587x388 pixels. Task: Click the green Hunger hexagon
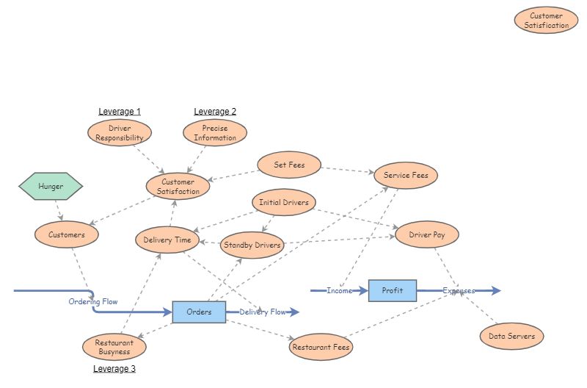click(x=51, y=187)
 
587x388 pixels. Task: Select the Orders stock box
click(x=199, y=312)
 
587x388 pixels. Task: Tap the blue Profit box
click(x=393, y=290)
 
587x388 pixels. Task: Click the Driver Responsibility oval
click(x=120, y=133)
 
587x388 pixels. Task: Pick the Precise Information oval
click(x=215, y=133)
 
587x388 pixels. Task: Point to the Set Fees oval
click(x=289, y=165)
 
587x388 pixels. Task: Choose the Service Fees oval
click(x=406, y=176)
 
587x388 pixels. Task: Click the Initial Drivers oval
click(x=283, y=202)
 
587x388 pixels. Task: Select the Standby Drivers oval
click(x=252, y=245)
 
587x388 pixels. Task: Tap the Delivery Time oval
click(x=167, y=240)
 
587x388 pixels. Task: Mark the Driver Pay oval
click(x=427, y=234)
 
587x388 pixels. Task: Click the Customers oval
click(x=67, y=235)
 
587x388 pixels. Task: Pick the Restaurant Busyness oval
click(x=114, y=347)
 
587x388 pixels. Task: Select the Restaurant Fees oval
click(x=321, y=346)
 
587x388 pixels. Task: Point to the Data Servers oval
click(x=511, y=337)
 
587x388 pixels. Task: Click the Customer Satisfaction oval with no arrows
click(x=546, y=21)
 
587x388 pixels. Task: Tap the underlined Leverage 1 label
click(x=120, y=112)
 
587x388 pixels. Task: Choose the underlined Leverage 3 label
click(x=114, y=369)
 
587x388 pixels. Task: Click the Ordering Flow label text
click(x=93, y=302)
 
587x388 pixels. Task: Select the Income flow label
click(x=340, y=291)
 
